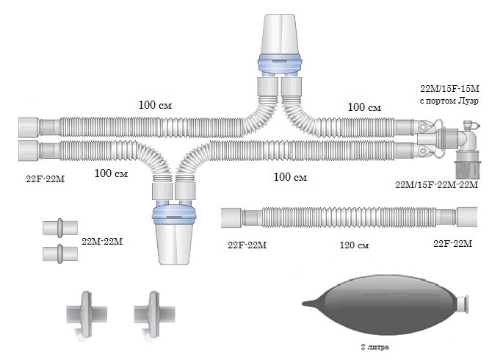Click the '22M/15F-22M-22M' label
436,184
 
